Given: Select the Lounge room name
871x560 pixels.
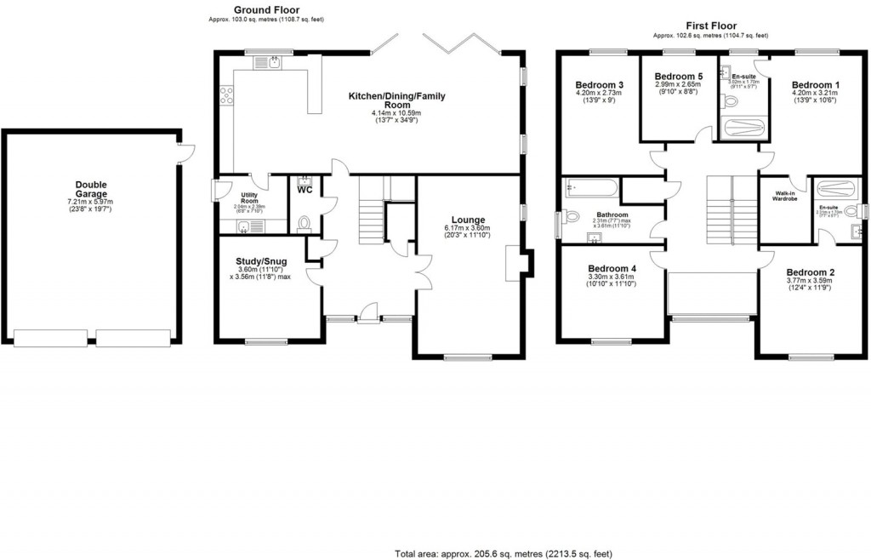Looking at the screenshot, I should click(x=469, y=220).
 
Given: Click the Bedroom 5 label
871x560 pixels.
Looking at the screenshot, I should click(x=677, y=76).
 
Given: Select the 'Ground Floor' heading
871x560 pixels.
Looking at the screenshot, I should click(x=266, y=10).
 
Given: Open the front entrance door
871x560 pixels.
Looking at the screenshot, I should click(x=367, y=315).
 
